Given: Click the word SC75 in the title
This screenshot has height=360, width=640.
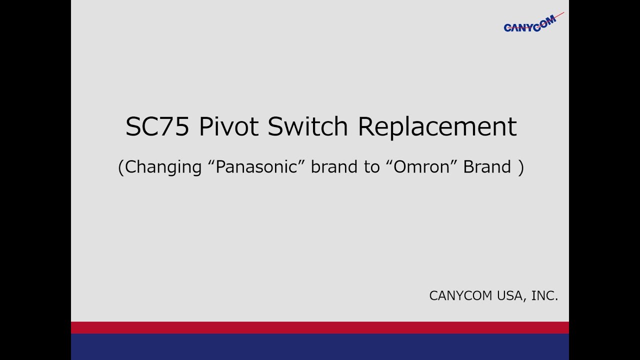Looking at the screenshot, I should tap(157, 127).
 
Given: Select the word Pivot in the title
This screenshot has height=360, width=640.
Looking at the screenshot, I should tap(228, 127).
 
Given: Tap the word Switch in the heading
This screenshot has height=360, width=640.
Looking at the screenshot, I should tap(307, 127).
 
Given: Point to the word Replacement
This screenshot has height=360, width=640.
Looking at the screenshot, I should tap(437, 127).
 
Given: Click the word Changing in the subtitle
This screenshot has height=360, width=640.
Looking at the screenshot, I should tap(163, 167).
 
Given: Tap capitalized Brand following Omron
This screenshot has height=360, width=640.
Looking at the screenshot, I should tap(487, 166).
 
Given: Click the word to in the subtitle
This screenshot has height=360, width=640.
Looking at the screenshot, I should tap(372, 166).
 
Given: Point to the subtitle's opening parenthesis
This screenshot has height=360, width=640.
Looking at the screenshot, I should tap(120, 167).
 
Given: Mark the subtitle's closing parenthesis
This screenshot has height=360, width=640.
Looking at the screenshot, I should tap(521, 167).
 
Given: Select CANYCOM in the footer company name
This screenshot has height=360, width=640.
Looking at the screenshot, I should tap(460, 296).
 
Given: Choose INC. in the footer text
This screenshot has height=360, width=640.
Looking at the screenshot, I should tap(544, 296).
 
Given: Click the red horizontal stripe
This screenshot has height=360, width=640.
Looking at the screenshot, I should tap(320, 327).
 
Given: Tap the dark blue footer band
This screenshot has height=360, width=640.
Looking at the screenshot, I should tap(320, 346).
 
